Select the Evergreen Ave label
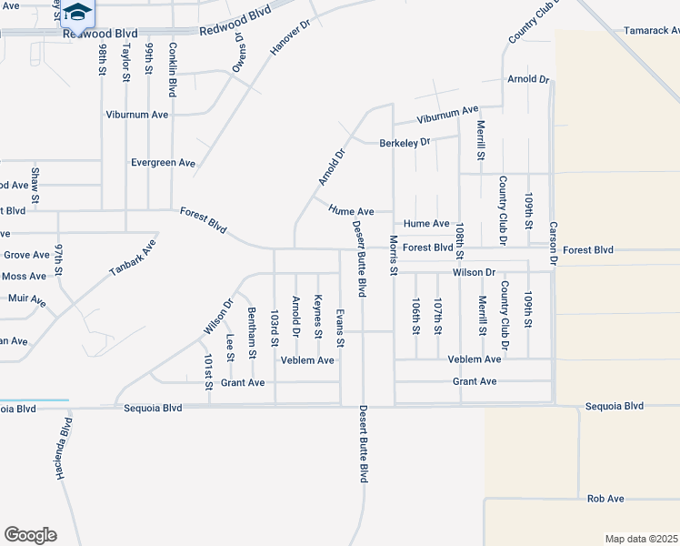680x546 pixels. tap(164, 163)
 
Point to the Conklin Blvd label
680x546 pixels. tap(172, 69)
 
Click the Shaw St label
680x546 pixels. tap(35, 185)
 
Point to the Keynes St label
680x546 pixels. tap(318, 316)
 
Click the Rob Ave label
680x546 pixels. tap(605, 499)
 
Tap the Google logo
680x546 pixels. tap(30, 535)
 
